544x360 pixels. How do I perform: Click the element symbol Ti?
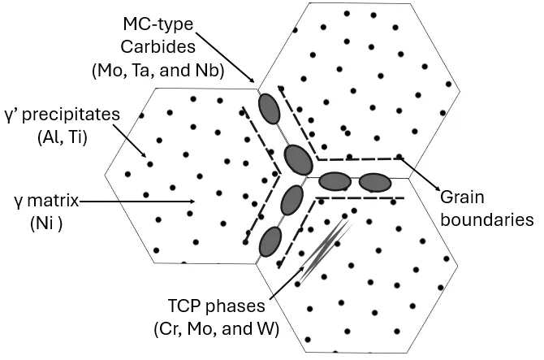pyautogui.click(x=75, y=137)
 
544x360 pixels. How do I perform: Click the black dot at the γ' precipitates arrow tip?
pyautogui.click(x=150, y=164)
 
